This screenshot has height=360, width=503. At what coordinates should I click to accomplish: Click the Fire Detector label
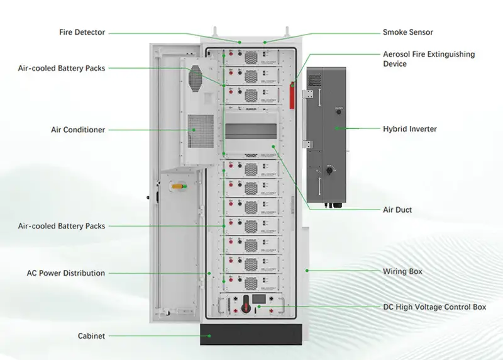82,32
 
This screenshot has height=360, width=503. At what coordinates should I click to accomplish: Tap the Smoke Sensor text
408,32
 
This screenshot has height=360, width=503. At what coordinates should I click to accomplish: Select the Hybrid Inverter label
410,129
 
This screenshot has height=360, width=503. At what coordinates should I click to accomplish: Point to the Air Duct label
398,210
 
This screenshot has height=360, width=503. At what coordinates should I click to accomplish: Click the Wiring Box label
402,271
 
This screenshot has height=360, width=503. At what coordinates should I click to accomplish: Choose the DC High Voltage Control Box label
434,307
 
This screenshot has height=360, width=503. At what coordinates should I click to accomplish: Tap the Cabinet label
91,335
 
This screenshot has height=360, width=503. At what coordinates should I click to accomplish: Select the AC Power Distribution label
66,273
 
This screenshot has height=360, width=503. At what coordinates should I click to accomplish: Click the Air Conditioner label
78,130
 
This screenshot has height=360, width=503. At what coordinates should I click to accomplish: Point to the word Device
395,64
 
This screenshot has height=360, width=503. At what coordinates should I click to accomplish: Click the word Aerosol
397,55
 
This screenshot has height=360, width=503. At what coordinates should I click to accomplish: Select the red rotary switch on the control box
258,307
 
